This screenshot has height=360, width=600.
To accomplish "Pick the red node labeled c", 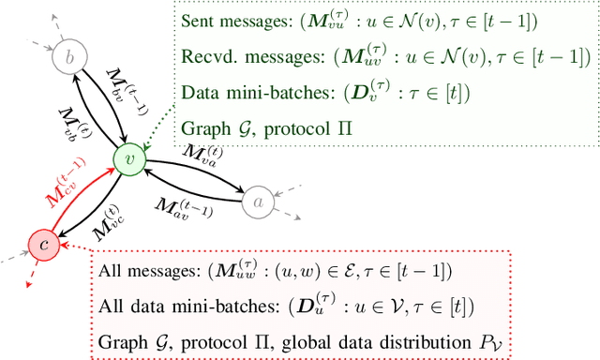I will [43, 245].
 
